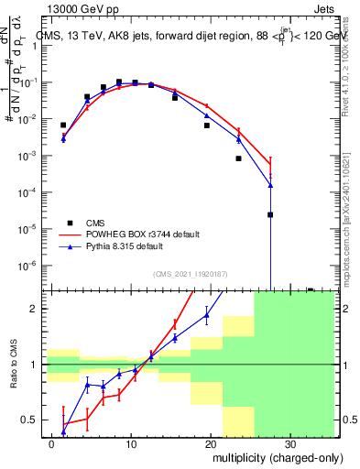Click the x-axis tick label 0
coord(52,442)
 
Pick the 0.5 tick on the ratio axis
coord(31,420)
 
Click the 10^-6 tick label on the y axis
coord(28,266)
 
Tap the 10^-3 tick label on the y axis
coord(28,156)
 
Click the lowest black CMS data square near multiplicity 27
coord(270,215)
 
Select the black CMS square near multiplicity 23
coord(238,158)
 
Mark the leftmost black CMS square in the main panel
coord(63,125)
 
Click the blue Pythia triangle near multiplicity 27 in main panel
coord(270,185)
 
